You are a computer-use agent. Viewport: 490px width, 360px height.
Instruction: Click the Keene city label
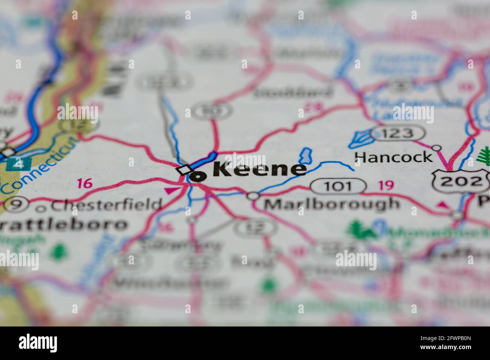260,170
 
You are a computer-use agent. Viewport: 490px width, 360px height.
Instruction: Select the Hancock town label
394,157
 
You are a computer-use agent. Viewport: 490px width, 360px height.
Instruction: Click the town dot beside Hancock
436,148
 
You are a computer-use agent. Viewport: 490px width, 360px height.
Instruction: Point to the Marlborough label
331,204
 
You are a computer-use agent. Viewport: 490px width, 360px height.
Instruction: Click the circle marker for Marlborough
253,196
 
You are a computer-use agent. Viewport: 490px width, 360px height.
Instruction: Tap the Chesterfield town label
107,205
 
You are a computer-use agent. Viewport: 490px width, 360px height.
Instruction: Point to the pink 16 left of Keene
84,184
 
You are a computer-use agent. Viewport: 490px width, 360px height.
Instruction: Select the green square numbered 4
16,164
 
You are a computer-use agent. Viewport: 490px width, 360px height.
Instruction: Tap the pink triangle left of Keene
169,191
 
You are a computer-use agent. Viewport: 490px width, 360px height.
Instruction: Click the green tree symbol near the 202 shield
484,157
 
